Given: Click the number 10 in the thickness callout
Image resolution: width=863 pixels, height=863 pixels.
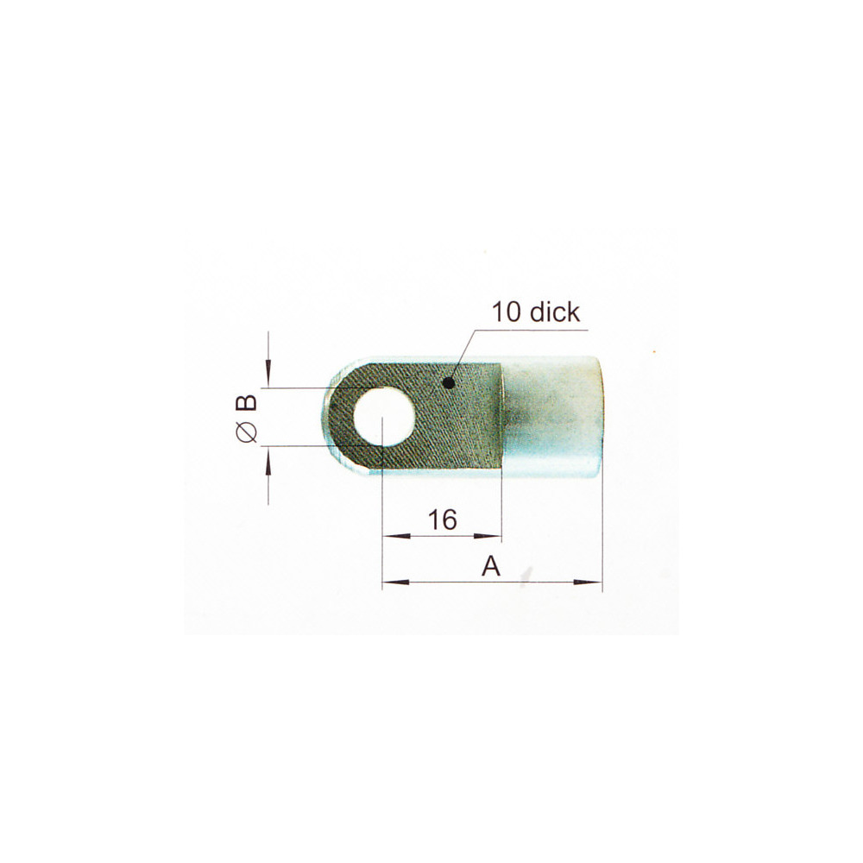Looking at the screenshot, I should pos(506,312).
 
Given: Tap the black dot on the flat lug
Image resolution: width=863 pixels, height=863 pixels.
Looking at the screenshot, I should pos(447,381).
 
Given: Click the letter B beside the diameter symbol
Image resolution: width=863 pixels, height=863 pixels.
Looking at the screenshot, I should pos(246,403).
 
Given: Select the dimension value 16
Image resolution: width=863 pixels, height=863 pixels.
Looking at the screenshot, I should pos(442,520).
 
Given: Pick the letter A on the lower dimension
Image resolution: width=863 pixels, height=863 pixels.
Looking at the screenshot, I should pos(491,567).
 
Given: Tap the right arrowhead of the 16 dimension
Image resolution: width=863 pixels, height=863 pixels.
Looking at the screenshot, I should pos(494,536).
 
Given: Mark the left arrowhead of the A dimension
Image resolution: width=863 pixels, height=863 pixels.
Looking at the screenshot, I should pos(390,583).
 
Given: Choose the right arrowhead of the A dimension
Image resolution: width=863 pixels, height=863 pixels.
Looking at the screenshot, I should pos(595,583).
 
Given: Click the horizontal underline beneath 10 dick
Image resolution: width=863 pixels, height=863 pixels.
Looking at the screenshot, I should pos(535,330).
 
